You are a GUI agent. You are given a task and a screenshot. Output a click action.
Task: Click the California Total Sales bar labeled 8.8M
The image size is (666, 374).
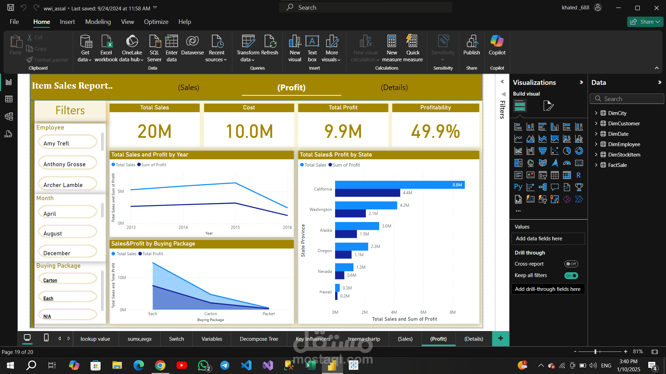click(400, 185)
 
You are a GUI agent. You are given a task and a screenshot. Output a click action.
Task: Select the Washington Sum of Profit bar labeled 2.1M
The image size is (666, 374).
click(350, 214)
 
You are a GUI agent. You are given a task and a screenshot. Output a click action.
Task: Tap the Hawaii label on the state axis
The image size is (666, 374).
click(325, 292)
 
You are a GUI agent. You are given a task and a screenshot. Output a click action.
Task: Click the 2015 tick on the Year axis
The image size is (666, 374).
click(235, 228)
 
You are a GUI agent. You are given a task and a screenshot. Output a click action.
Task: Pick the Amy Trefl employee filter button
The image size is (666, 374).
click(68, 143)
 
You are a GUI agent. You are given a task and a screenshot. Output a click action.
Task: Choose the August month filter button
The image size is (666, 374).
click(68, 233)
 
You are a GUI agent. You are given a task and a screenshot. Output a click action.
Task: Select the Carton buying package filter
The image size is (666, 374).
click(68, 280)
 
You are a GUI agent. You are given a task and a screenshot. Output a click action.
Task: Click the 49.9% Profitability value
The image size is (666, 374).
click(435, 132)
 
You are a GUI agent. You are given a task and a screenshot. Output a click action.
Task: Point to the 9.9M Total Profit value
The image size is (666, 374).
click(343, 132)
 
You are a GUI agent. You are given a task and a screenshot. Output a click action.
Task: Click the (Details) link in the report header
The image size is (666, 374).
click(394, 88)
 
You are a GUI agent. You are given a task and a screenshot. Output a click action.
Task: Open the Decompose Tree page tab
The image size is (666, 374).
click(259, 339)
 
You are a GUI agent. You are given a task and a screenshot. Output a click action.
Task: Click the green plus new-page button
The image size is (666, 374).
click(501, 338)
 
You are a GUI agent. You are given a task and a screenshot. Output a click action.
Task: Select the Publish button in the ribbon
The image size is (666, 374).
click(471, 45)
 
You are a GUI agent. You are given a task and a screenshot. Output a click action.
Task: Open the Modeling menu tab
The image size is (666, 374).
click(98, 22)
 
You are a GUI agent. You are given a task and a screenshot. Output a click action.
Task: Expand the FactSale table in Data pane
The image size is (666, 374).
click(596, 165)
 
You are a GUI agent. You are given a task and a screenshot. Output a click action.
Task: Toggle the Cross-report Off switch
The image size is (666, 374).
click(571, 264)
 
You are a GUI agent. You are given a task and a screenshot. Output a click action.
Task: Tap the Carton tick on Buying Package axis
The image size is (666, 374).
click(211, 314)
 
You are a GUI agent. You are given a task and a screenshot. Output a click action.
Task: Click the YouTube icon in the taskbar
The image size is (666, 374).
click(181, 365)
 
